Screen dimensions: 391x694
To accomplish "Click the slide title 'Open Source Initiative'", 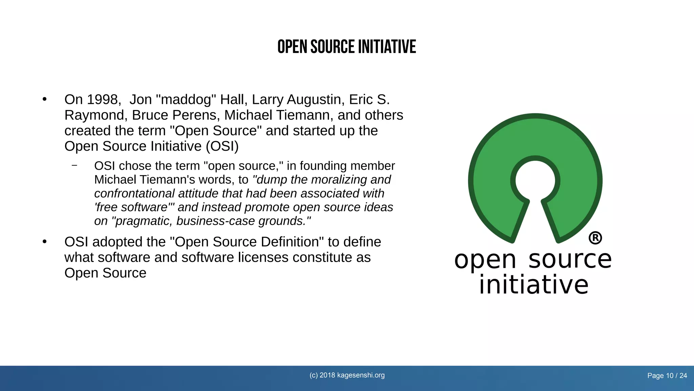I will [x=347, y=47].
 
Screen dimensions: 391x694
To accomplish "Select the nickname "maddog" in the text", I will [x=186, y=99].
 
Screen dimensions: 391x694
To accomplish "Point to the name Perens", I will [x=195, y=115].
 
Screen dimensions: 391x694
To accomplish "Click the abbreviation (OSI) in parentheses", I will [x=222, y=146].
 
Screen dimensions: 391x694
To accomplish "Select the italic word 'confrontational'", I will [x=134, y=193].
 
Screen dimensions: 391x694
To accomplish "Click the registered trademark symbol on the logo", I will [x=595, y=238].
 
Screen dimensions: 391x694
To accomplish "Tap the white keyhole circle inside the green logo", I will [x=535, y=180].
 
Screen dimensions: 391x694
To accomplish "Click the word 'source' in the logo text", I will [x=570, y=259].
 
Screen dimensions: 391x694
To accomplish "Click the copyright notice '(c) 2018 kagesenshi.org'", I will [x=347, y=375].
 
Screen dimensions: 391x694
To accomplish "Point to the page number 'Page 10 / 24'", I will [x=667, y=376].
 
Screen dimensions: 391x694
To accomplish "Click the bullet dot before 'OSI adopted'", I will [x=44, y=242].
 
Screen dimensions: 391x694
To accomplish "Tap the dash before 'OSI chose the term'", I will [x=75, y=166].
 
